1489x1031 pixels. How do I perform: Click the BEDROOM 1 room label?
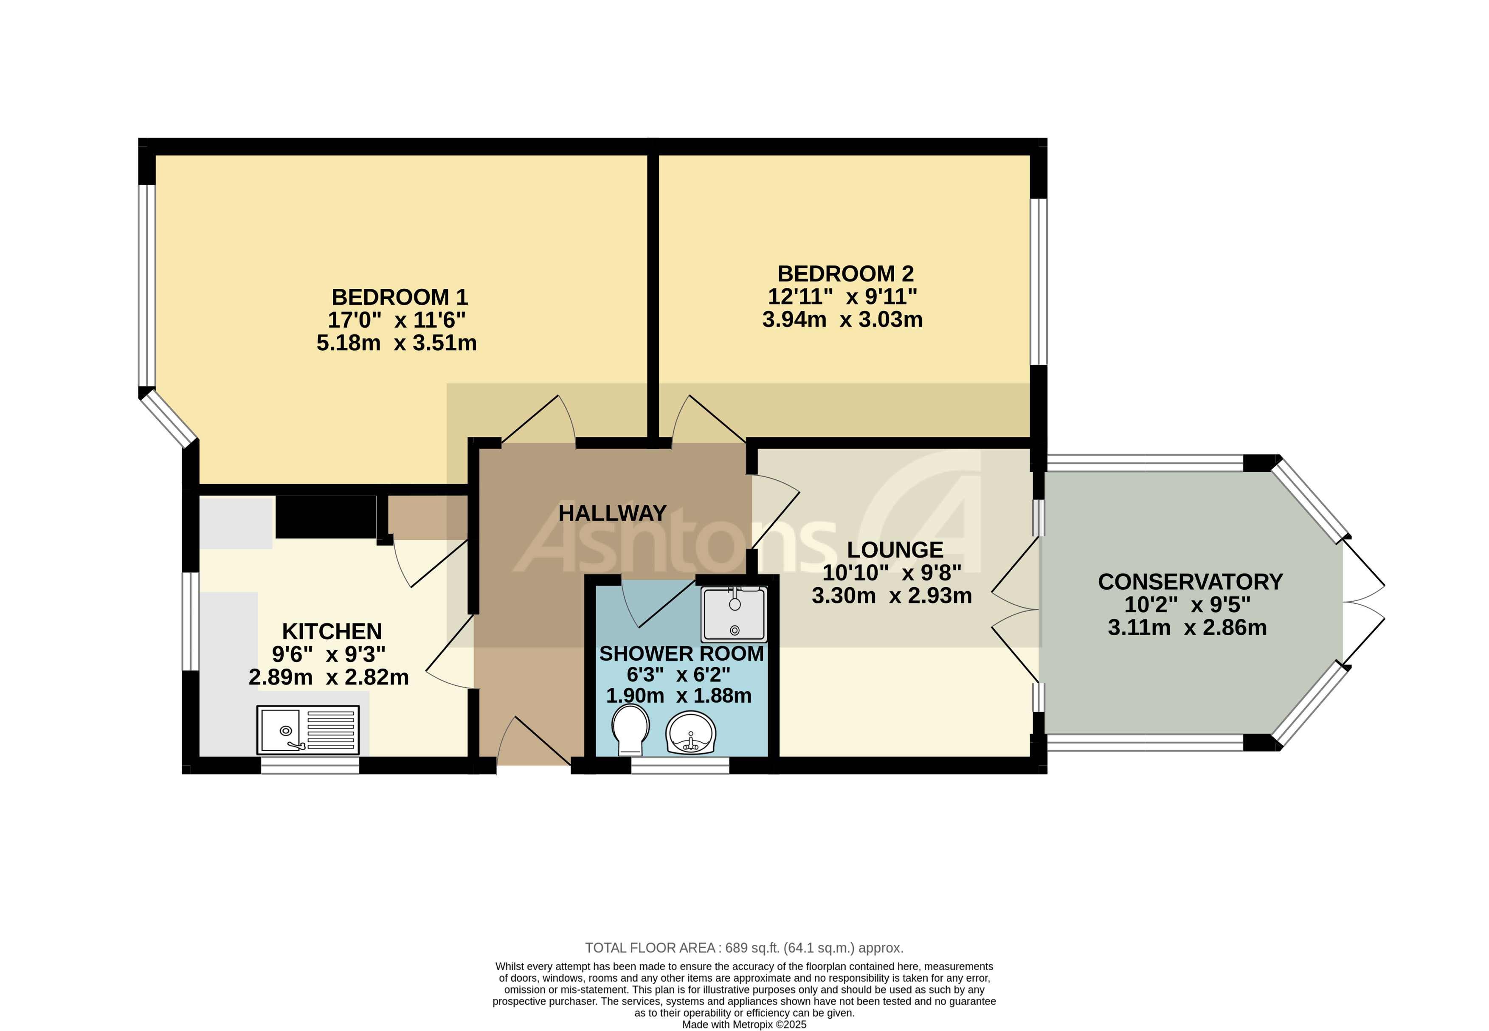(399, 297)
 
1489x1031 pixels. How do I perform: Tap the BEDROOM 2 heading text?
(845, 274)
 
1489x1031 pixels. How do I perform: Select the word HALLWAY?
(612, 513)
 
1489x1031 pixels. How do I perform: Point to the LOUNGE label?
(895, 550)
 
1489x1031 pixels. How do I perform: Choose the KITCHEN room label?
(332, 631)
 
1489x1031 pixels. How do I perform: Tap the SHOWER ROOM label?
(681, 654)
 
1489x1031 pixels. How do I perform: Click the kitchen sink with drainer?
(308, 730)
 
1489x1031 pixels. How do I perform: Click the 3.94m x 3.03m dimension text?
(842, 320)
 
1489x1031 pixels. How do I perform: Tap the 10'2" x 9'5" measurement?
(1187, 605)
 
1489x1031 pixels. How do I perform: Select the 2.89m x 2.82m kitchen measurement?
(329, 677)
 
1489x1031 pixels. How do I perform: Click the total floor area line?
(743, 948)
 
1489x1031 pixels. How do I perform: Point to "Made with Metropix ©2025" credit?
(743, 1024)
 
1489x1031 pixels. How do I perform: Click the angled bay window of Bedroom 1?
(169, 420)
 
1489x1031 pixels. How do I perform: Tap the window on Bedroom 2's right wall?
(1038, 282)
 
